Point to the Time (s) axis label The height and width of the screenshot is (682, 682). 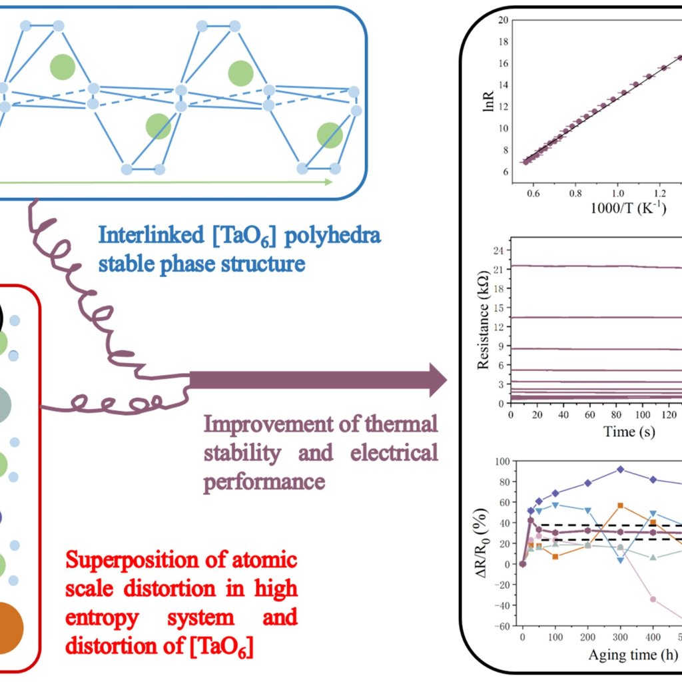629,431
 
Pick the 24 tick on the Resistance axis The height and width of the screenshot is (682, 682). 497,250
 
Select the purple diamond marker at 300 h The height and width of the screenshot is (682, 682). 621,469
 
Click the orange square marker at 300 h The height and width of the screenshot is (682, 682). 621,506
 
